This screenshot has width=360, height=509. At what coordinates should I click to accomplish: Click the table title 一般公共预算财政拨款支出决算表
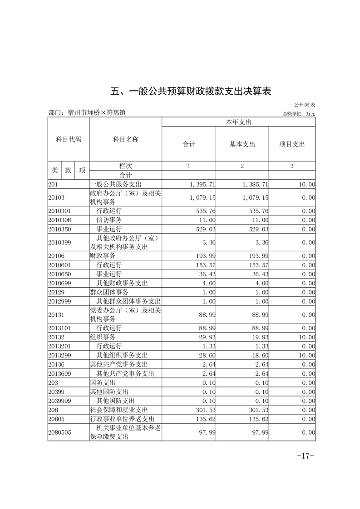click(191, 91)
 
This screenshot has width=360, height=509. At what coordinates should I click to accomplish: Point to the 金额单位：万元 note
click(298, 113)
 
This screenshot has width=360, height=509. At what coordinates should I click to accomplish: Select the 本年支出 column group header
click(238, 122)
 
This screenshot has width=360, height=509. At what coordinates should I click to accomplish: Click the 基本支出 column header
click(242, 144)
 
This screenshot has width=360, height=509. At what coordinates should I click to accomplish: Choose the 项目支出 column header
click(292, 144)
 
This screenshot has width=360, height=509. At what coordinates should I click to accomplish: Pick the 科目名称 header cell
click(125, 140)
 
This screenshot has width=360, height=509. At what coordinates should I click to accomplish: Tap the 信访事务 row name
click(109, 220)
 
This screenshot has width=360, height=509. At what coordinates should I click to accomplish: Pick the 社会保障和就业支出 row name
click(116, 410)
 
